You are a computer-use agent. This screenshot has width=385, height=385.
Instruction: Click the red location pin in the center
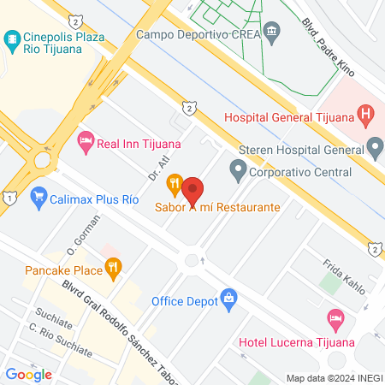coord(193,190)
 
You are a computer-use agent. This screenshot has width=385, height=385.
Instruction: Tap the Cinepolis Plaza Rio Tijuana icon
coord(12,38)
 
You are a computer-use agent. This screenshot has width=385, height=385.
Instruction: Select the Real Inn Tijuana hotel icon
coord(86,140)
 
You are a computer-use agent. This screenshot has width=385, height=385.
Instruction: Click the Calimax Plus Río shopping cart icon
coord(38,198)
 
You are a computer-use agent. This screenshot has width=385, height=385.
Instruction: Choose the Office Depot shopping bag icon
coord(228,299)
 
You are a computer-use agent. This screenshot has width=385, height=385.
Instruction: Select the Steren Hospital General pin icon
coord(374,145)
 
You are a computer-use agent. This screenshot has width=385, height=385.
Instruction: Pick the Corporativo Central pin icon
coord(237,169)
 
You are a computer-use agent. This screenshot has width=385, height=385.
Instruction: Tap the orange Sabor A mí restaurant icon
coord(175,181)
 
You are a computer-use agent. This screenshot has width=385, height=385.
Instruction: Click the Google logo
coord(28,374)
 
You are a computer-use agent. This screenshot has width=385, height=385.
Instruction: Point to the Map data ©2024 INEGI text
coord(334,377)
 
